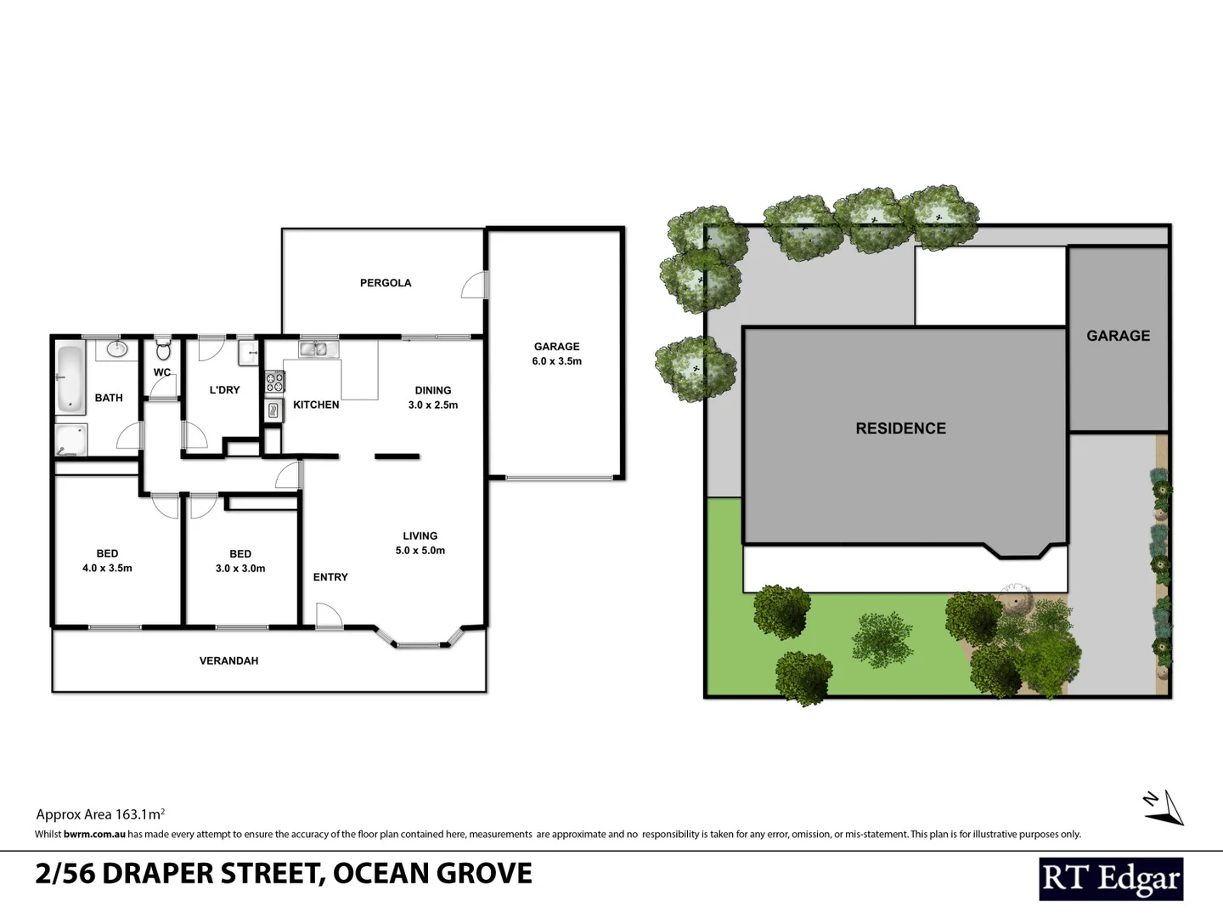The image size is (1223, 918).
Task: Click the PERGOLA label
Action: (386, 283)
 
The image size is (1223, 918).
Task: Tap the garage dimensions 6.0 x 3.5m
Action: (557, 361)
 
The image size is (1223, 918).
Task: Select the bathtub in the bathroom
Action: (70, 378)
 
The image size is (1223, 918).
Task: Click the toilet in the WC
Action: (163, 349)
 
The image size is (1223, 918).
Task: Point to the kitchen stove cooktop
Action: (274, 383)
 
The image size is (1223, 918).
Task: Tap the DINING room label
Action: (433, 390)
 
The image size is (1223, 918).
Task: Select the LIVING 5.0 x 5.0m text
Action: (420, 543)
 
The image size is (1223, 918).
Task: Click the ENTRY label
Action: (330, 577)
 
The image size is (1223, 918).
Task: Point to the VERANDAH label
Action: (228, 660)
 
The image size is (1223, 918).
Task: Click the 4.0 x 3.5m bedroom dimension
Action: (107, 569)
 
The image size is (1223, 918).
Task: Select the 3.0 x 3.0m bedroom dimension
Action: (240, 569)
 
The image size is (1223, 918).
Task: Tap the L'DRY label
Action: (224, 390)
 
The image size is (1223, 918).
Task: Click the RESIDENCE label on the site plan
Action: (900, 428)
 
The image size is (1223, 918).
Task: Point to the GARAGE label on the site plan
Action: (1118, 336)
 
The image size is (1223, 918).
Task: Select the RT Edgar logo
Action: (1111, 879)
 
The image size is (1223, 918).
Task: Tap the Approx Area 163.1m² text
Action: (100, 814)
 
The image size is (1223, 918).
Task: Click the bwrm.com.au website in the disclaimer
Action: (94, 835)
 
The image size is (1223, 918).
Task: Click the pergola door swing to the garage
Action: (474, 286)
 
